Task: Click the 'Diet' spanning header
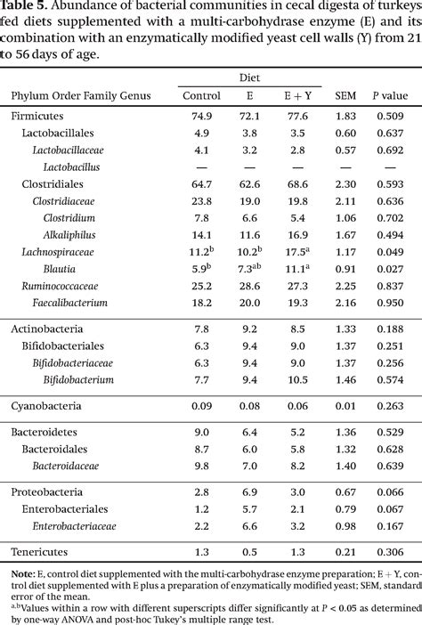(x=249, y=78)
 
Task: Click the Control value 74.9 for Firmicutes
(x=200, y=117)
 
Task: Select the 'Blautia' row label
(x=58, y=269)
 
